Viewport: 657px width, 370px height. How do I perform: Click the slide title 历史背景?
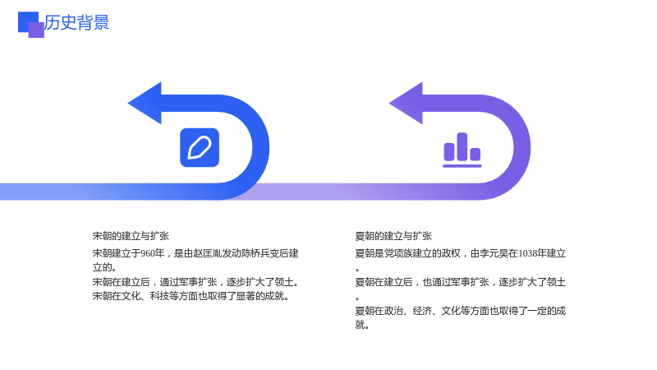76,22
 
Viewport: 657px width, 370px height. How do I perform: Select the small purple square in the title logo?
36,30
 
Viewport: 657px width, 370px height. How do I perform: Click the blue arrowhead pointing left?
145,104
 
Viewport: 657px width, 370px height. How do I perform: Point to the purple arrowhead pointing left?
406,104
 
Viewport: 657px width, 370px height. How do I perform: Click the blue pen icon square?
200,148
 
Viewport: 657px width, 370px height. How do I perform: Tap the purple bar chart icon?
462,150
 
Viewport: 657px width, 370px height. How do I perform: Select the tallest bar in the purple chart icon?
462,146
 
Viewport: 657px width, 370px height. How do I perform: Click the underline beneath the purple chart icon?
462,166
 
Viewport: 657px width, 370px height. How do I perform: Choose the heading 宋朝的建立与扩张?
131,236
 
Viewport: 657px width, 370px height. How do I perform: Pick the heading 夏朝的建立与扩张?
393,236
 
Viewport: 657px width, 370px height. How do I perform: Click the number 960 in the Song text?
148,253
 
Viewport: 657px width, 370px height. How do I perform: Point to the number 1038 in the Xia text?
528,253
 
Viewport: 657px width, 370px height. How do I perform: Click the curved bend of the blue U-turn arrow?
260,148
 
